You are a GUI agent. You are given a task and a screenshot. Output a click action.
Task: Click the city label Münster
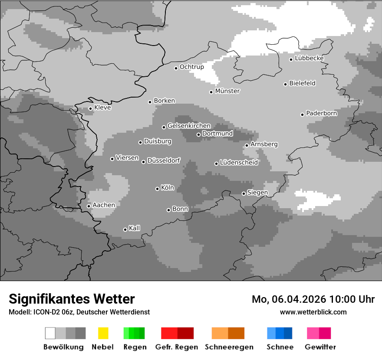[227, 91]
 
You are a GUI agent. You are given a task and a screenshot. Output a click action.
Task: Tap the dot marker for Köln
[157, 189]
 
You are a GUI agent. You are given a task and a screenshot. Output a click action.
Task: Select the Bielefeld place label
[302, 83]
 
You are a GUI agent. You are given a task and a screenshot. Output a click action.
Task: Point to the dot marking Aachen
[89, 206]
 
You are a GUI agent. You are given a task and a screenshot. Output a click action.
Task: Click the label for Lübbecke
[309, 58]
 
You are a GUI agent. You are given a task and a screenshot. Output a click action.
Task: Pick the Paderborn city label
[321, 113]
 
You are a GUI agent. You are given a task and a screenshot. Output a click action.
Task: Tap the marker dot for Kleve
[90, 108]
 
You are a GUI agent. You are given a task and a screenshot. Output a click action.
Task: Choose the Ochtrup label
[191, 67]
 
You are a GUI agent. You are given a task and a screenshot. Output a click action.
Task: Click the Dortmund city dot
[198, 134]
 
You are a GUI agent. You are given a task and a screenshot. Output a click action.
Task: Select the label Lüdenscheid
[239, 163]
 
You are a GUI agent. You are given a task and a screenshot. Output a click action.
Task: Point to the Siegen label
[257, 193]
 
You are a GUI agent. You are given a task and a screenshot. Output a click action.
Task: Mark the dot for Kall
[125, 229]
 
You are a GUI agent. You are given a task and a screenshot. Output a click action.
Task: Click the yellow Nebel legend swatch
[103, 333]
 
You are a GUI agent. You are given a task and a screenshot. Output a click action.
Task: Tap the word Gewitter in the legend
[320, 347]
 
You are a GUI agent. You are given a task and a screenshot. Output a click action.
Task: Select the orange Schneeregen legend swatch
[220, 333]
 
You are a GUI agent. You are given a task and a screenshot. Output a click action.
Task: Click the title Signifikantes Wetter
[72, 299]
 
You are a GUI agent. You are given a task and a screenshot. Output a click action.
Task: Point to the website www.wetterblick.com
[313, 312]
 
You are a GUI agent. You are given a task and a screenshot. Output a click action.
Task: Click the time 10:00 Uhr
[352, 299]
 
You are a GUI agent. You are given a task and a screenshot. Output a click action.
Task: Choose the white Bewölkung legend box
[50, 333]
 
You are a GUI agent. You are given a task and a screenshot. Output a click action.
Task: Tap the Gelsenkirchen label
[189, 126]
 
